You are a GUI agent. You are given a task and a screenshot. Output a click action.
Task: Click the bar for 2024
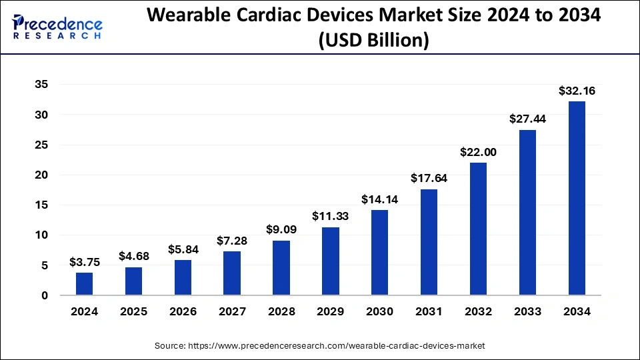point(84,284)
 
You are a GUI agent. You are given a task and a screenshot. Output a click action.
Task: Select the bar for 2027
point(232,273)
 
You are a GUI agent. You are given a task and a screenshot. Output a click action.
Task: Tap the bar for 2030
point(379,253)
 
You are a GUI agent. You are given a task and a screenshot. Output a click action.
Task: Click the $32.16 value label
point(577,91)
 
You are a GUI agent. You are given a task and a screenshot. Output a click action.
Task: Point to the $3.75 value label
point(84,262)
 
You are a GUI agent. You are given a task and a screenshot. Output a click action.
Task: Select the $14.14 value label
point(379,199)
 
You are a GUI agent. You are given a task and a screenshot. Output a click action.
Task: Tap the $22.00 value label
point(478,152)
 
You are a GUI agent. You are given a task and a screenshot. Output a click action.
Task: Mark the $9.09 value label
point(281,230)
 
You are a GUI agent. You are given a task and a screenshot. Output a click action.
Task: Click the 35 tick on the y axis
point(41,85)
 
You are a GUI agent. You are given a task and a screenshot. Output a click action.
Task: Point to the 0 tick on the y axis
point(44,295)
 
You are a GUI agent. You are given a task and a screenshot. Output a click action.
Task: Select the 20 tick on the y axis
point(41,175)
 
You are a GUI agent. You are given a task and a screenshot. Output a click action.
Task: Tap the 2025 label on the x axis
point(133,311)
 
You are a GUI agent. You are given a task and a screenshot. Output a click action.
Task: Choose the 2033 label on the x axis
point(527,311)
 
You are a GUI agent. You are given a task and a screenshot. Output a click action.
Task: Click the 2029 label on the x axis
point(330,311)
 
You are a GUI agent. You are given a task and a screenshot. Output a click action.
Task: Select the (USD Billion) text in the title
point(373,40)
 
